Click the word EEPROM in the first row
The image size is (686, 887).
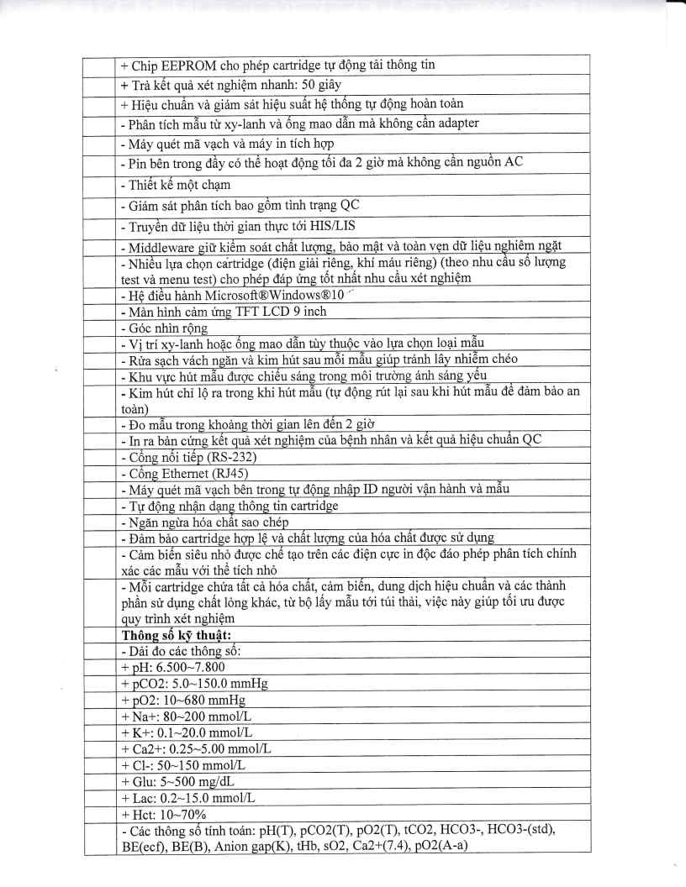pyautogui.click(x=183, y=65)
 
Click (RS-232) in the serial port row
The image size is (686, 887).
pyautogui.click(x=226, y=457)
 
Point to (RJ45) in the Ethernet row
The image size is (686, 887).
pyautogui.click(x=223, y=473)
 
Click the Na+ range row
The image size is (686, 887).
pyautogui.click(x=186, y=716)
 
